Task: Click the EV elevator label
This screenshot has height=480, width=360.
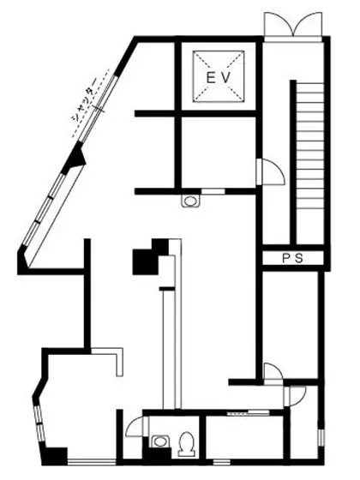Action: tap(218, 78)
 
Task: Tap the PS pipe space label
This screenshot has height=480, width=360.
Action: tap(292, 258)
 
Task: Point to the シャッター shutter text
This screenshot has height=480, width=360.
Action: tap(84, 99)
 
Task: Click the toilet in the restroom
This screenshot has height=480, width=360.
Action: tap(187, 444)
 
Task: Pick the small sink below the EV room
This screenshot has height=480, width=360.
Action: tap(190, 201)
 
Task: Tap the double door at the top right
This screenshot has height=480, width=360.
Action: tap(293, 25)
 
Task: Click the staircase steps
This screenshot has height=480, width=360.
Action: tap(309, 161)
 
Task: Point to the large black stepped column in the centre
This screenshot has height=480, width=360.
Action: tap(151, 256)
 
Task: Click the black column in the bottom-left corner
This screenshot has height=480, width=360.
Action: tap(54, 456)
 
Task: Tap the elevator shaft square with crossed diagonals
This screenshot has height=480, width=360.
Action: tap(219, 76)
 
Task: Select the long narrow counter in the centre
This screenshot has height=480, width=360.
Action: tap(171, 325)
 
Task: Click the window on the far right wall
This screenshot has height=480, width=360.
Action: tap(321, 437)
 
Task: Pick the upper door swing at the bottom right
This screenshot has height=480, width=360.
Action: tap(273, 374)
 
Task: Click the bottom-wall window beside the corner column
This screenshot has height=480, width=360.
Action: tap(92, 462)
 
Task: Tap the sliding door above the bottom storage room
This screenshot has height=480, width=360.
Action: tap(248, 413)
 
